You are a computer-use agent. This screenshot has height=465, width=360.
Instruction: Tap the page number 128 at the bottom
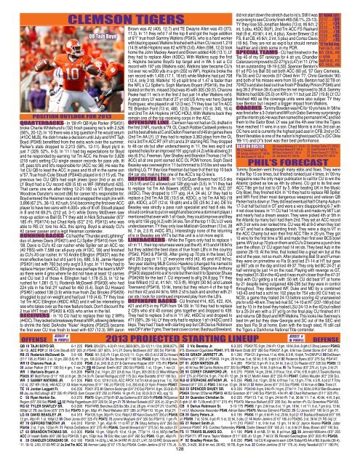[179, 460]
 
